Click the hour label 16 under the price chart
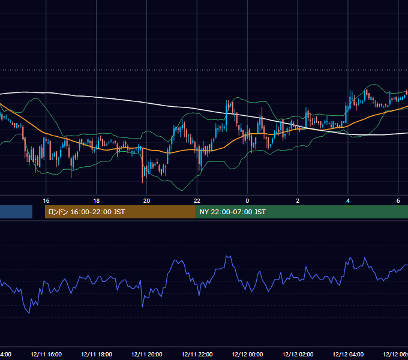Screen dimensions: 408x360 tap(46, 201)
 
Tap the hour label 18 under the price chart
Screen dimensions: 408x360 tap(96, 201)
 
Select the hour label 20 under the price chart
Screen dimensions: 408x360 tap(147, 201)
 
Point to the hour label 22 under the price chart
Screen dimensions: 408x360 tap(197, 201)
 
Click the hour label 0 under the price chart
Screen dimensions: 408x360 tap(247, 201)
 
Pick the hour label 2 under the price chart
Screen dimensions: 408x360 tap(298, 201)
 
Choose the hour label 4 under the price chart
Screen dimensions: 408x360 tap(348, 201)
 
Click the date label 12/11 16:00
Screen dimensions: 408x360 tap(46, 354)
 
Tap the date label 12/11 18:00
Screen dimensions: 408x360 tap(97, 354)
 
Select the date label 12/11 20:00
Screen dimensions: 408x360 tap(147, 354)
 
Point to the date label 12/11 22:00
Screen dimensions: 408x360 tap(197, 354)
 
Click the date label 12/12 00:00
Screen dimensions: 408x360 tap(247, 354)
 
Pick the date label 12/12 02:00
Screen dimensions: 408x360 tap(298, 354)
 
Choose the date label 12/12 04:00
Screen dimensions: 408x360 tap(348, 354)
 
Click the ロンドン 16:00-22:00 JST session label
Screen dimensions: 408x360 tap(86, 212)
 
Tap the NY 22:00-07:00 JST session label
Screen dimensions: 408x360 tap(233, 212)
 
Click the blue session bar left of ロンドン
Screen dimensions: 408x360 tap(16, 212)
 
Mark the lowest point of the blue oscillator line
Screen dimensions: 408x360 tap(29, 313)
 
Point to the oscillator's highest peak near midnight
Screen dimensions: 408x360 tap(228, 256)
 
